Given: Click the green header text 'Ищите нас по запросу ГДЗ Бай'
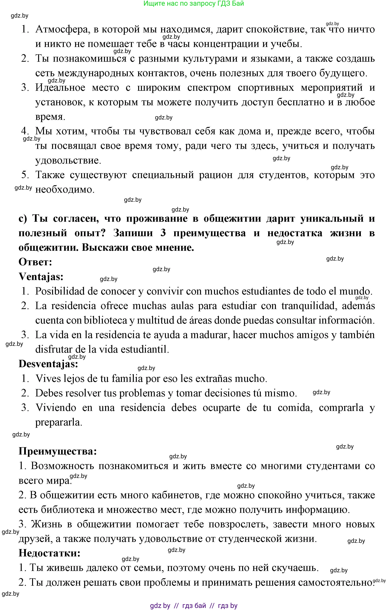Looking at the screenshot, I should click(194, 4).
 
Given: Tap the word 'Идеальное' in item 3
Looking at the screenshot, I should click(61, 88).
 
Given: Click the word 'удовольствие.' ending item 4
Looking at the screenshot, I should click(68, 160).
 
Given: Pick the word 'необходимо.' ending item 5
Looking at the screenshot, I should click(65, 189).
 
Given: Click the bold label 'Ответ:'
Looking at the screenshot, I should click(35, 262).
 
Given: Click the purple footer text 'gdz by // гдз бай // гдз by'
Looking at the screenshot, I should click(194, 606).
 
